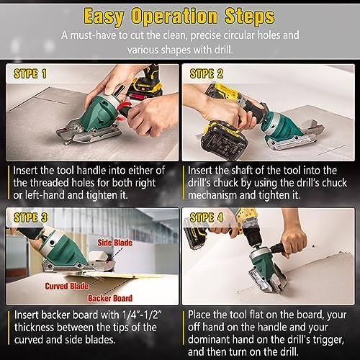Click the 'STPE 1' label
coord(30,73)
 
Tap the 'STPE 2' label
coord(207,73)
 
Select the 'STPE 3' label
coord(30,217)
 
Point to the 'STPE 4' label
coord(207,217)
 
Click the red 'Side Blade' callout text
coord(114,243)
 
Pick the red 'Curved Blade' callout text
coord(67,286)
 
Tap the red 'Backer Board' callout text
coord(110,298)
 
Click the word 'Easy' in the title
coord(104,17)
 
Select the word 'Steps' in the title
coord(250,17)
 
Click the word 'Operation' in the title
coord(174,17)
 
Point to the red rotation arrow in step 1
coord(125,110)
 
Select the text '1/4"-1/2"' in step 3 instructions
coord(142,315)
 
